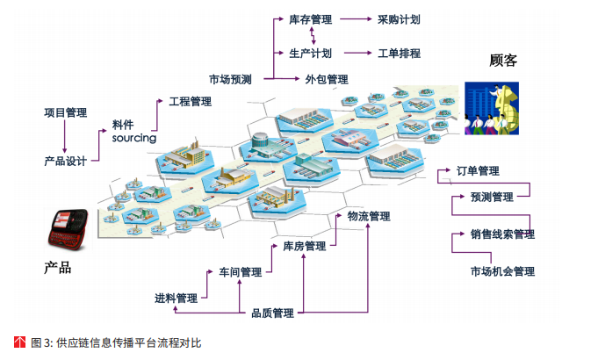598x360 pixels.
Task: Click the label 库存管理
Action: [x=310, y=18]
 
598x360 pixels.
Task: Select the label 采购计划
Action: [x=399, y=18]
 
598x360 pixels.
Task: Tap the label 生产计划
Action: [x=310, y=54]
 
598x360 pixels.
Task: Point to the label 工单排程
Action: [x=399, y=54]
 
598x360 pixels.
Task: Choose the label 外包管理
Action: [x=327, y=79]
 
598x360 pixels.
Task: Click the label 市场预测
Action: [x=230, y=79]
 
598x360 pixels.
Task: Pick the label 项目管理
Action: [x=66, y=112]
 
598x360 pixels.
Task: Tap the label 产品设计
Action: [x=66, y=162]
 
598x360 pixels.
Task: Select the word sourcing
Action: [x=133, y=138]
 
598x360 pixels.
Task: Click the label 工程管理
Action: [x=191, y=103]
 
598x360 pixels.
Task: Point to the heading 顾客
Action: [x=503, y=61]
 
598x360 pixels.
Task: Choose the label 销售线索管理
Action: [x=502, y=234]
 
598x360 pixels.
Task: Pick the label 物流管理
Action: [x=369, y=216]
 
